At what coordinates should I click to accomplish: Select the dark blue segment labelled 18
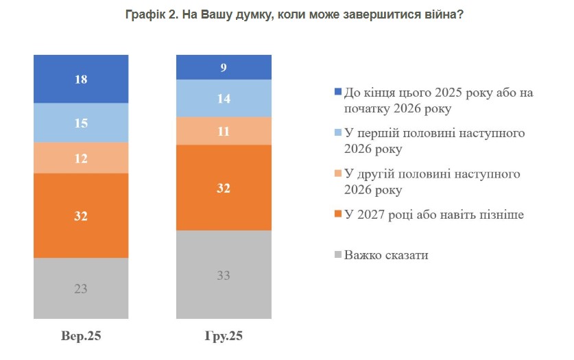click(81, 79)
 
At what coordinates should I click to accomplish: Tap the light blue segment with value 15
click(81, 123)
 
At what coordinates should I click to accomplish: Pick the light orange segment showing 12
click(81, 158)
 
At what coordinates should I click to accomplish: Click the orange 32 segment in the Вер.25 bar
click(81, 215)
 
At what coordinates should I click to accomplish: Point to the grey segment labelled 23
click(81, 288)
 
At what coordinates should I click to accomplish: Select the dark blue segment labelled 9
click(224, 67)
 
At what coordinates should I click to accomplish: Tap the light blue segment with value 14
click(224, 98)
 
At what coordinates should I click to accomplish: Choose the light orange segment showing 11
click(224, 131)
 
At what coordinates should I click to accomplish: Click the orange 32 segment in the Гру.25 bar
click(224, 187)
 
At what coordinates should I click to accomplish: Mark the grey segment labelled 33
click(224, 274)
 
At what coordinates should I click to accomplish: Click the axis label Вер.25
click(81, 337)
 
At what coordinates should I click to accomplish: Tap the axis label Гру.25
click(224, 337)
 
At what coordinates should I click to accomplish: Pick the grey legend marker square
click(337, 256)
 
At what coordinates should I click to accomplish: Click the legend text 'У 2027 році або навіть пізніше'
click(434, 215)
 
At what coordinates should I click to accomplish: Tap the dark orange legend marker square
click(337, 215)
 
